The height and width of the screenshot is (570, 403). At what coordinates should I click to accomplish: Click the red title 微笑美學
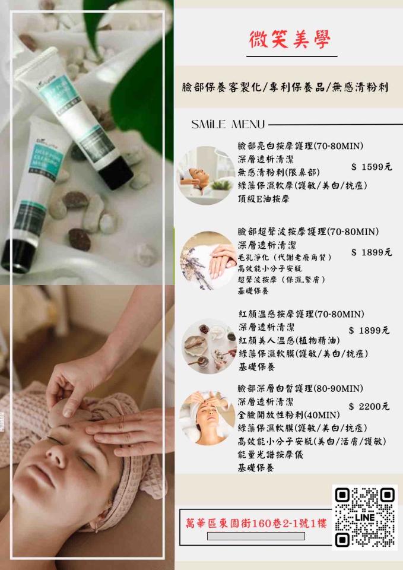290,39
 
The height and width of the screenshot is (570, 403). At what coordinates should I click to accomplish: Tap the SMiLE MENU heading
229,125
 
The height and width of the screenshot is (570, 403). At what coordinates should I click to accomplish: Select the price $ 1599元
372,167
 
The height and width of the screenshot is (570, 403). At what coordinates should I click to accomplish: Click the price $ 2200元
369,406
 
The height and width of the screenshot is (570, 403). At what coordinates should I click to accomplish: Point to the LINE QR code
365,517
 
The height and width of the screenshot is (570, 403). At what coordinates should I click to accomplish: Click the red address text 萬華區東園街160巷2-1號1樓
256,524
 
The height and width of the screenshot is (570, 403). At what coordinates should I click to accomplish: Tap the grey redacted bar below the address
256,536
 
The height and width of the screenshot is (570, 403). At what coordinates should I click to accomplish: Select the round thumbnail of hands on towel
208,261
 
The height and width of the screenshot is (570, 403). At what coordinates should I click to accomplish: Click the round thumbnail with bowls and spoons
209,346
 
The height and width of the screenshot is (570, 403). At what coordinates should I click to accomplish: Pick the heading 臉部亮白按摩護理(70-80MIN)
300,146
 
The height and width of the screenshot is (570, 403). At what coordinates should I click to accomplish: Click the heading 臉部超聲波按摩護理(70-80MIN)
308,232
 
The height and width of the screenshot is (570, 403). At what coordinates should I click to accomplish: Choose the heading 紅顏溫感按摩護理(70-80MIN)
302,314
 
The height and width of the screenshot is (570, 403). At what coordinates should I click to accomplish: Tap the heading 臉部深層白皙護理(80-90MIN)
300,388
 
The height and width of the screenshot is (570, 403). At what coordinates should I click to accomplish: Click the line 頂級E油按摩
264,199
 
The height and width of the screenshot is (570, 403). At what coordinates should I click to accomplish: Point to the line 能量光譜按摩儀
270,454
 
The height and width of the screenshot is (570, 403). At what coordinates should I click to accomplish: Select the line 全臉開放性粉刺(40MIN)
288,415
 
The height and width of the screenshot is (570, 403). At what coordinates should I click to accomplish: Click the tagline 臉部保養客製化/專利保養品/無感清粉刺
285,87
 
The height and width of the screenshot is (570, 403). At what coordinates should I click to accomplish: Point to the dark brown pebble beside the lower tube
80,239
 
